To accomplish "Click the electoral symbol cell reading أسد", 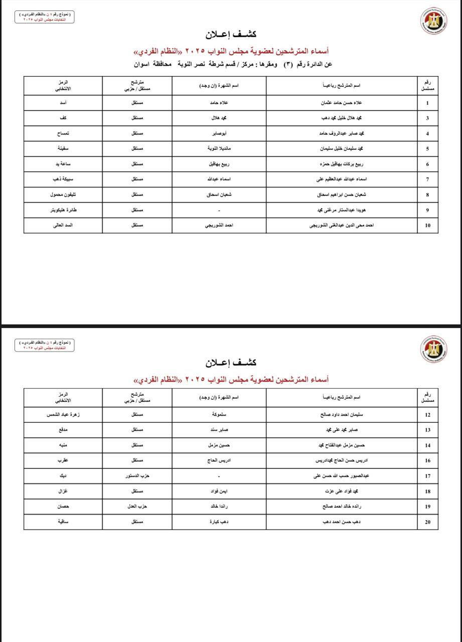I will pos(63,103).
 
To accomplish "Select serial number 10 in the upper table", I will pos(427,226).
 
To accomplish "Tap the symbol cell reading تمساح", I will pos(63,133).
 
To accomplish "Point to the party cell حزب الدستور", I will pos(137,475).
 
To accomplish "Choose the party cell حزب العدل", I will pos(137,507).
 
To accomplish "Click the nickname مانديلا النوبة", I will pos(219,149).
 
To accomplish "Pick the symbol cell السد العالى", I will pos(63,226).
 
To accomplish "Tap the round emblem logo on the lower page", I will pos(433,348).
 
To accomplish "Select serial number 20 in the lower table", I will pos(427,522).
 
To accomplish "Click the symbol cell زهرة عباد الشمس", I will pos(63,415).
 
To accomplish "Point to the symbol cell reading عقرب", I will pos(63,460).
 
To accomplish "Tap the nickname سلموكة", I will pos(219,415).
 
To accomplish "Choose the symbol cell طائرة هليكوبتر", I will pos(63,210).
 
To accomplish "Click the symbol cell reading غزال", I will pos(63,491).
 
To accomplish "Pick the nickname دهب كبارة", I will pos(219,522).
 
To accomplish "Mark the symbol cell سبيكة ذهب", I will pos(63,179).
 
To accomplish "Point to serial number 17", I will pos(427,475).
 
